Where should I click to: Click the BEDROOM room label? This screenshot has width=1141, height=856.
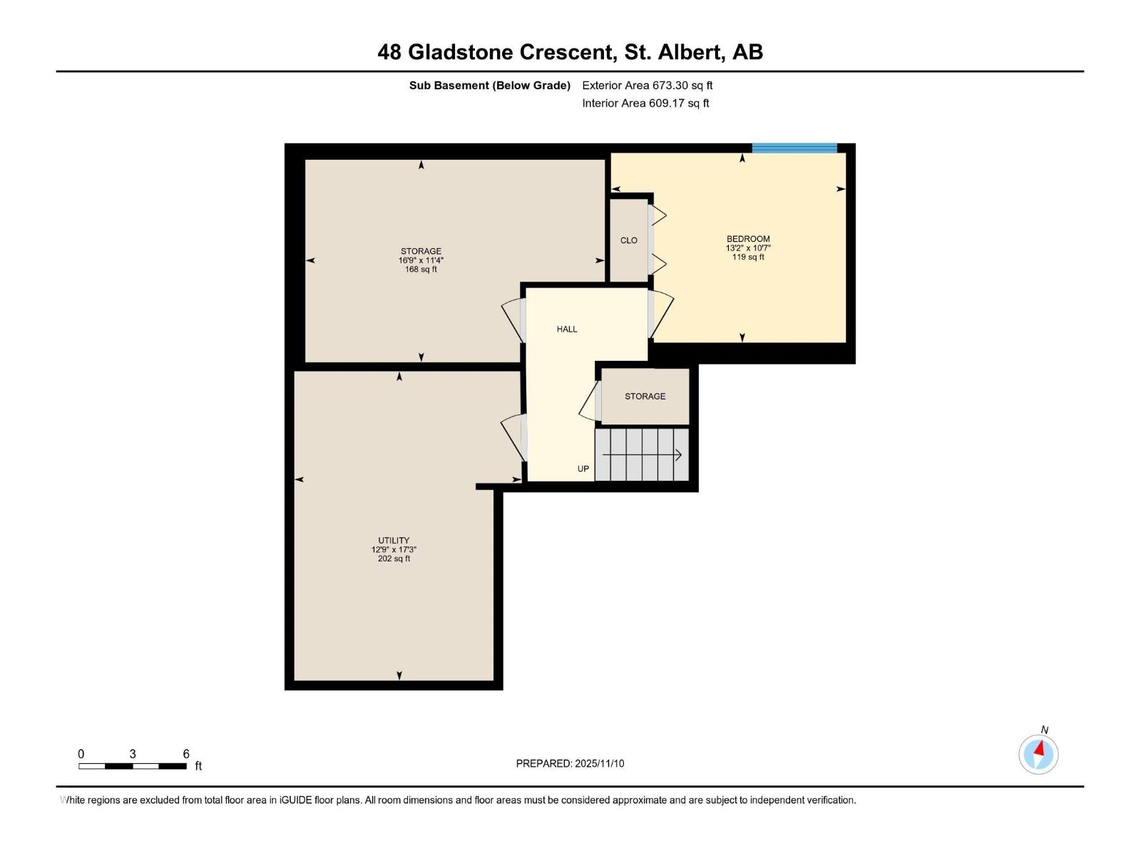click(x=748, y=239)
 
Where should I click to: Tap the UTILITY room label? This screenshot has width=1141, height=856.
click(x=394, y=541)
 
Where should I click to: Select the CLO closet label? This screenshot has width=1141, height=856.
click(x=628, y=240)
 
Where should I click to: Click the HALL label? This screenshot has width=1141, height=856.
click(x=567, y=329)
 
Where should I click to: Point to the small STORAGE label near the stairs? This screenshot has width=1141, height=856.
click(x=645, y=396)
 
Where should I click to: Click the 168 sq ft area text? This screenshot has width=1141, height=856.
click(x=421, y=270)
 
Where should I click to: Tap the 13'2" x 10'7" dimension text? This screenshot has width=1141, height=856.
click(x=748, y=248)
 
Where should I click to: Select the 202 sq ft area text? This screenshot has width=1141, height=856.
click(x=394, y=559)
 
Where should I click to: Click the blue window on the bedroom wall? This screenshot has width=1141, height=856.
click(x=794, y=148)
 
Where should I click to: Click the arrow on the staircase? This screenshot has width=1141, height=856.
click(x=642, y=455)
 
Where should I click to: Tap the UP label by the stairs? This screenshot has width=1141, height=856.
click(x=583, y=469)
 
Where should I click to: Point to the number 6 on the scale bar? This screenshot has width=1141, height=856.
click(x=186, y=754)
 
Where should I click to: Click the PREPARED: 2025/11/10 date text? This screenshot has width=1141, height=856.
click(x=570, y=763)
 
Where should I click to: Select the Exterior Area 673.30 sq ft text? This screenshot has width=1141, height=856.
click(x=647, y=85)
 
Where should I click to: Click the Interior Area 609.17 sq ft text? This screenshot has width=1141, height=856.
click(x=645, y=103)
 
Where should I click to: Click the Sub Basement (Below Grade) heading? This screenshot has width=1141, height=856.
click(x=489, y=85)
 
